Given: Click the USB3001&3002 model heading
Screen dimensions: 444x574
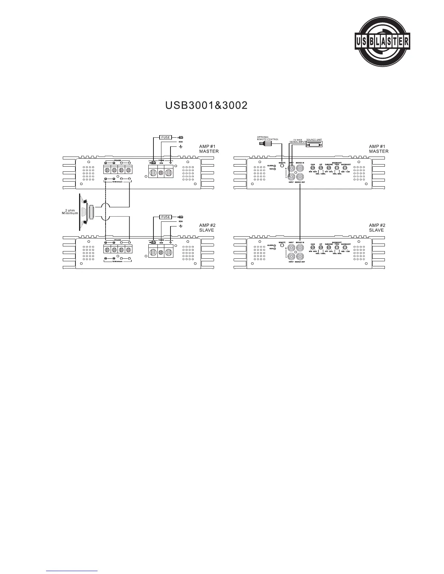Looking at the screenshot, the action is pos(206,105).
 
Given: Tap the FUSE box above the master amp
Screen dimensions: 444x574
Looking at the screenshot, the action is pos(166,138).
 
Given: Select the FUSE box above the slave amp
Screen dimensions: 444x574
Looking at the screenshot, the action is pos(166,217).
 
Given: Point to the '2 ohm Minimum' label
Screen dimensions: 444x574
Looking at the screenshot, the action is pos(70,212).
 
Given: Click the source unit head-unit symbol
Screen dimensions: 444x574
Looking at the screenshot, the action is pos(314,144).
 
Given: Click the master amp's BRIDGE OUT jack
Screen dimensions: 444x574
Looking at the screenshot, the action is pos(300,177).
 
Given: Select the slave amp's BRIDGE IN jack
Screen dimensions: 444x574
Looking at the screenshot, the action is pos(300,248).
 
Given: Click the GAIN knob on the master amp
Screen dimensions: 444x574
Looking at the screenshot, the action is pos(313,168).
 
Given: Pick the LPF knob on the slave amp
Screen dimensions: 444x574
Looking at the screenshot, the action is pos(321,248).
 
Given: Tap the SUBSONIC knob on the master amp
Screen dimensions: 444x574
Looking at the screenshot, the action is pos(329,168).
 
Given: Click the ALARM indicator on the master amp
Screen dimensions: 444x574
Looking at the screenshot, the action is pos(275,166).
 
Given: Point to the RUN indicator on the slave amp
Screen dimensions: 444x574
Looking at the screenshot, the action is pos(275,249).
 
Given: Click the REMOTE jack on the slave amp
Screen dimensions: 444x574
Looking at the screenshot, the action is pos(282,246).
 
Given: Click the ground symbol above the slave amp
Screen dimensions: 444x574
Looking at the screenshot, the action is pos(181,226).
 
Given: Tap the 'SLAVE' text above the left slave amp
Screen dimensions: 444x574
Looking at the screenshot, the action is pos(206,230).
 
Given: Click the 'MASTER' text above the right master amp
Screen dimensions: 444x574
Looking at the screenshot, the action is pos(379,151).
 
